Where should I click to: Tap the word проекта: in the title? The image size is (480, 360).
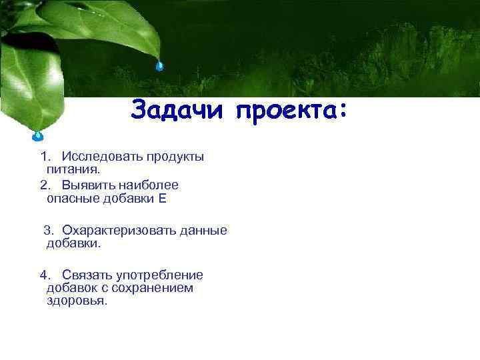tap(291, 110)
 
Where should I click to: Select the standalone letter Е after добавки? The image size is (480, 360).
tap(162, 198)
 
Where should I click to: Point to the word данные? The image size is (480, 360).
tap(203, 230)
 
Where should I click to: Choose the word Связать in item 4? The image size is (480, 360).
tap(87, 275)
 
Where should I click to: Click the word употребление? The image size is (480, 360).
tap(160, 275)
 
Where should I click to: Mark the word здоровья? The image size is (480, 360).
tap(77, 301)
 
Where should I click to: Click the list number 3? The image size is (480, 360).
tap(47, 230)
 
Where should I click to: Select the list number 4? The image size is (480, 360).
tap(44, 275)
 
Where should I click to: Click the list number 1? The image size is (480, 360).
tap(44, 157)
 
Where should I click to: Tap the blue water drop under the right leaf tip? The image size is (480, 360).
tap(159, 65)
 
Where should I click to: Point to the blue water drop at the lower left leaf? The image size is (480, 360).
tap(38, 137)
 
